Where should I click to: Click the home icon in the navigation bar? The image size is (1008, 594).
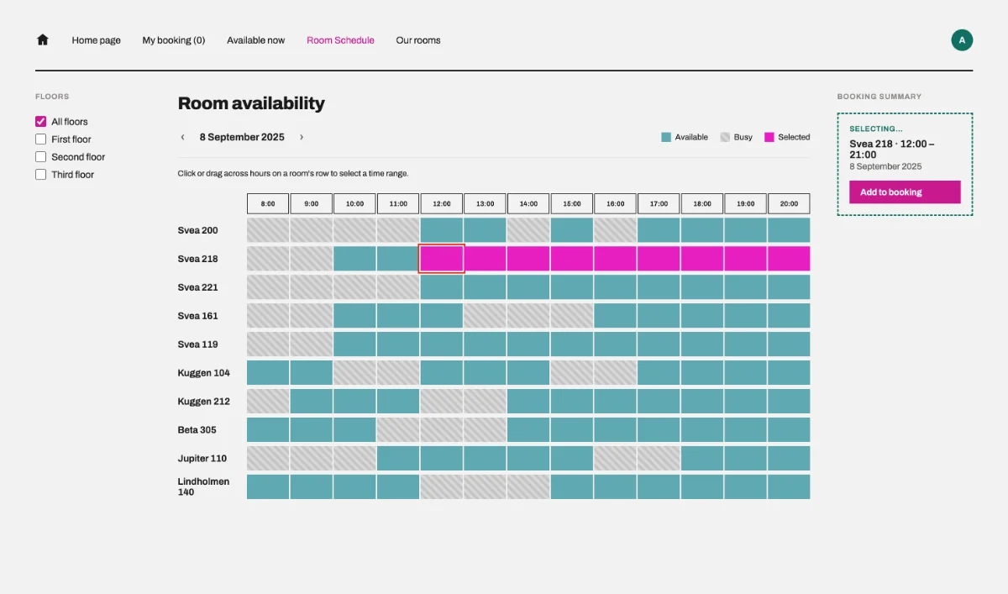pyautogui.click(x=42, y=39)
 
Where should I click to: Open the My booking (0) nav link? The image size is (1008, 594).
pyautogui.click(x=174, y=40)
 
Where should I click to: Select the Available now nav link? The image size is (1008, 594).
pyautogui.click(x=255, y=40)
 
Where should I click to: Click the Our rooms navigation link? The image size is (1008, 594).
pyautogui.click(x=418, y=40)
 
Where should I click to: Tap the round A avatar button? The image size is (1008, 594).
pyautogui.click(x=962, y=40)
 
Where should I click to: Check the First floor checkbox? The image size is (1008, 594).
pyautogui.click(x=40, y=139)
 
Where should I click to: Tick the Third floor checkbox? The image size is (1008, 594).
pyautogui.click(x=40, y=174)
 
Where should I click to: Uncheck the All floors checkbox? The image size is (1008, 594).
pyautogui.click(x=40, y=122)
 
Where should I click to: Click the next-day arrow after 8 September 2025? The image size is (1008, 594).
pyautogui.click(x=302, y=137)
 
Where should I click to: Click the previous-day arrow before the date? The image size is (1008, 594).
pyautogui.click(x=183, y=137)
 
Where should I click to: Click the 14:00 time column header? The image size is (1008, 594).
pyautogui.click(x=528, y=203)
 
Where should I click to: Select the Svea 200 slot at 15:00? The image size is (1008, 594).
pyautogui.click(x=571, y=230)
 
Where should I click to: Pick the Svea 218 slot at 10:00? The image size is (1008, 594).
pyautogui.click(x=354, y=258)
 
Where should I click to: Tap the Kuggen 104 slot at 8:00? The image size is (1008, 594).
pyautogui.click(x=268, y=372)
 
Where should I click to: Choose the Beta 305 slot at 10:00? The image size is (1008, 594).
pyautogui.click(x=354, y=429)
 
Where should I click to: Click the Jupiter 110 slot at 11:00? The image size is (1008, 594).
pyautogui.click(x=398, y=458)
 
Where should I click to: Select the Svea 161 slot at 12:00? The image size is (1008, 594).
pyautogui.click(x=442, y=315)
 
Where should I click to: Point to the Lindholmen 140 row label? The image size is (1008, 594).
pyautogui.click(x=203, y=486)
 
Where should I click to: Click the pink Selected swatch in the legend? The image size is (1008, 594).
pyautogui.click(x=769, y=137)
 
